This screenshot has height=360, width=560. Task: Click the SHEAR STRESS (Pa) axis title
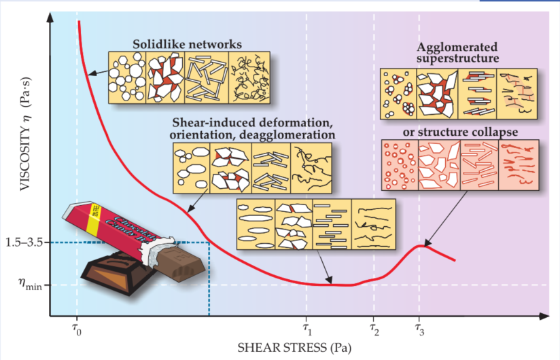coord(294,348)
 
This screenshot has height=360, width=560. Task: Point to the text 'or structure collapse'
coord(459,130)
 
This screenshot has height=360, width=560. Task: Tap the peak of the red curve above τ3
coord(423,245)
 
